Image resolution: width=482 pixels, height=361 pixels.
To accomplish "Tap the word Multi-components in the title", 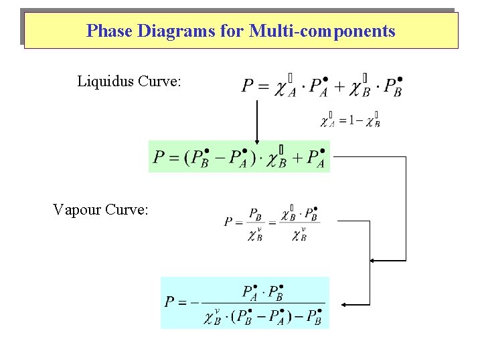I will click(322, 31).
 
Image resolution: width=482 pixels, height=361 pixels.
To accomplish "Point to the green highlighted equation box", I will click(239, 156).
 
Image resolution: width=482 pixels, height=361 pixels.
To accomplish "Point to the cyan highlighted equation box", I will click(245, 302).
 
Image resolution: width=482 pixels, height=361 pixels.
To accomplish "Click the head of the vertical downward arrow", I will click(256, 140).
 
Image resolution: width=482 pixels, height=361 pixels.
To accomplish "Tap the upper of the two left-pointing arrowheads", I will click(374, 259).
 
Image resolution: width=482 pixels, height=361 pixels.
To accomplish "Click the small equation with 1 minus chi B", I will click(350, 120).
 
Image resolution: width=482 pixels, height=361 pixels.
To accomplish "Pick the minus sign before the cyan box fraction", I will click(195, 302).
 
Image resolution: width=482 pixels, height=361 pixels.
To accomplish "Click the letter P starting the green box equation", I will click(158, 158).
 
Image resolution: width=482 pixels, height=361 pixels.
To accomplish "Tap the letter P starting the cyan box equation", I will click(170, 302).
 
